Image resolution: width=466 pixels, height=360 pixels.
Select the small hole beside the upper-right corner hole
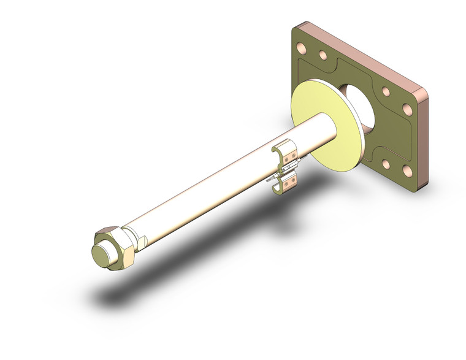(x=386, y=91)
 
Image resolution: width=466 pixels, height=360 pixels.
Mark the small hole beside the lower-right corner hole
(x=386, y=164)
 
